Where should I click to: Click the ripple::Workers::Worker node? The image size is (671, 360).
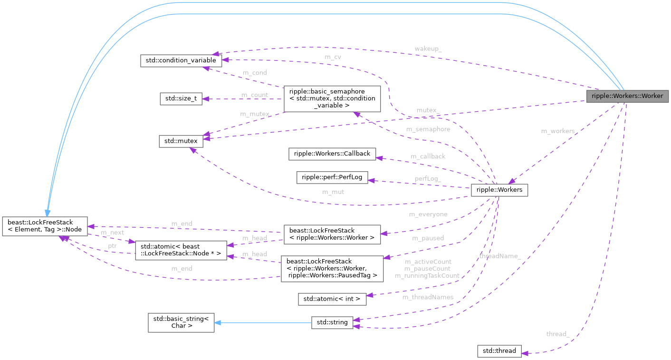pyautogui.click(x=627, y=96)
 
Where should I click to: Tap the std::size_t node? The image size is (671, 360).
pyautogui.click(x=181, y=99)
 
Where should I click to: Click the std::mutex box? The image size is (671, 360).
pyautogui.click(x=181, y=141)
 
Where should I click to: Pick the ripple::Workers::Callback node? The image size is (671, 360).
pyautogui.click(x=332, y=154)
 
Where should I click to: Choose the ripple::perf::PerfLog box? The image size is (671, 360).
pyautogui.click(x=332, y=177)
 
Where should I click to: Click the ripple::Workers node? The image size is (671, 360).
pyautogui.click(x=499, y=190)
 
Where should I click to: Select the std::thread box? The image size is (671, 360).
pyautogui.click(x=499, y=351)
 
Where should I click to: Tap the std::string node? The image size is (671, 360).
pyautogui.click(x=332, y=322)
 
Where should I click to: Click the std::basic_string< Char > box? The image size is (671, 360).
pyautogui.click(x=181, y=322)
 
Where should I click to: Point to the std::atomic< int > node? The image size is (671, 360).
pyautogui.click(x=332, y=299)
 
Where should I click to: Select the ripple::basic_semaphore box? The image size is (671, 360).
pyautogui.click(x=332, y=99)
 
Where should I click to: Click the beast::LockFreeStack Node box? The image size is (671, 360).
pyautogui.click(x=45, y=225)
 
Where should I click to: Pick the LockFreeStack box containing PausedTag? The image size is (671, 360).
pyautogui.click(x=332, y=268)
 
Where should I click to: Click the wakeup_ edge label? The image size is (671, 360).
pyautogui.click(x=428, y=49)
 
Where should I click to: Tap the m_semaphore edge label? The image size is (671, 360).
pyautogui.click(x=428, y=129)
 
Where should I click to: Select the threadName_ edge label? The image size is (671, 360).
pyautogui.click(x=500, y=256)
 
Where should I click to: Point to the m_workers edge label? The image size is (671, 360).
pyautogui.click(x=557, y=131)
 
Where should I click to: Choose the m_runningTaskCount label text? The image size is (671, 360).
pyautogui.click(x=427, y=275)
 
